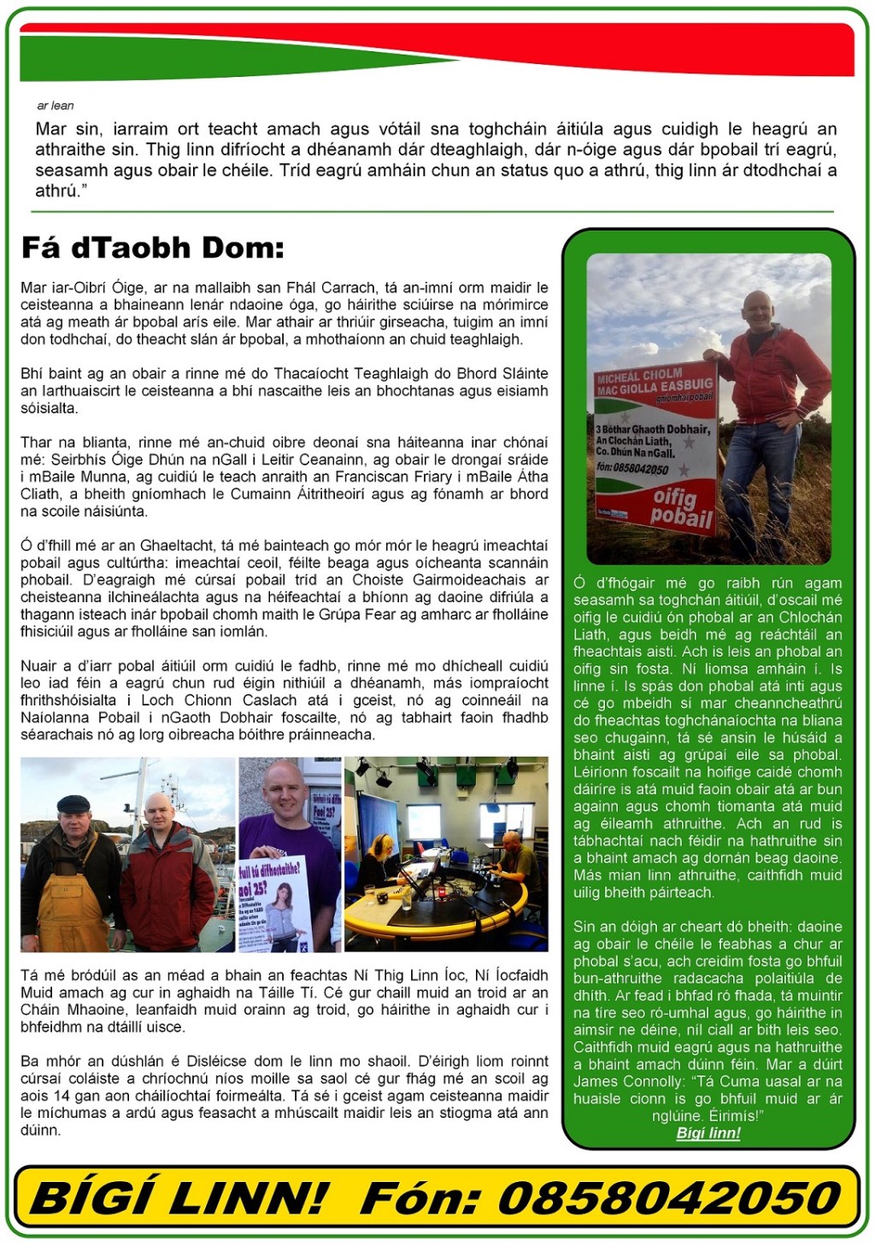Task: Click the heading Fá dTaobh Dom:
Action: coord(152,249)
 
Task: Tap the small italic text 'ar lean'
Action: coord(56,106)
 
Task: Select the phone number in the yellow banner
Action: coord(670,1197)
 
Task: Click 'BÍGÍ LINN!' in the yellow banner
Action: coord(179,1197)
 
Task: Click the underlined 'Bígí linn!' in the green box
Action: coord(708,1133)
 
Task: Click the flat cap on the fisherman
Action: coord(73,803)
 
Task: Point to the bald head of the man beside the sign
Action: coord(757,307)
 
